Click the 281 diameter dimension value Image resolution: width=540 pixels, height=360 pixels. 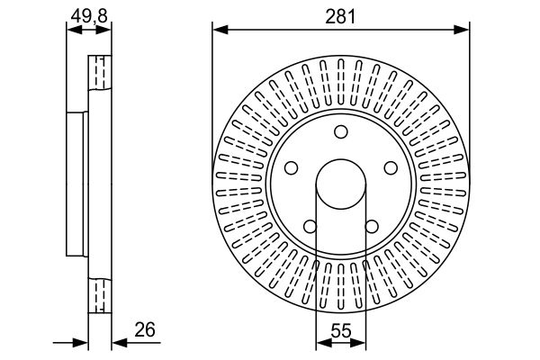tap(340, 16)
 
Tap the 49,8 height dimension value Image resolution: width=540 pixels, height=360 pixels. tap(89, 15)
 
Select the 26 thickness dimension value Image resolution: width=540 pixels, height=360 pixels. tap(145, 329)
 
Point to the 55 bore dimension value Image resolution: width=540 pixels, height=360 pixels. tap(341, 331)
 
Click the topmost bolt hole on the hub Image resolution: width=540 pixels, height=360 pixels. tap(341, 131)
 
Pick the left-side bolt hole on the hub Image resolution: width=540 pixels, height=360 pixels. tap(292, 167)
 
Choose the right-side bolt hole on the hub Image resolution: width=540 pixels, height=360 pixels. tap(391, 167)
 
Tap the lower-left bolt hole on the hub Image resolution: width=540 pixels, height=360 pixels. tap(310, 226)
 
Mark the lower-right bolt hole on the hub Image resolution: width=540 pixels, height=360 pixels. tap(372, 226)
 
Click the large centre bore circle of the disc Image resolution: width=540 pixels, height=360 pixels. tap(341, 159)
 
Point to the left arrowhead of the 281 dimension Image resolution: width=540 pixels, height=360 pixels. tap(220, 30)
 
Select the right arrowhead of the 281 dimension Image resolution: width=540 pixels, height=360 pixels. tap(462, 30)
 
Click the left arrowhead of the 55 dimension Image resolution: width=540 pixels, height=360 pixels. tap(324, 342)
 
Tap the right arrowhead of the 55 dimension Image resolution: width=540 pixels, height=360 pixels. tap(358, 342)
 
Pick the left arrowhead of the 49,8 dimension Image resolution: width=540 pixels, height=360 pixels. tap(75, 30)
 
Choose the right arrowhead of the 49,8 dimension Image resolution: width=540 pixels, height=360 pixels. tap(103, 30)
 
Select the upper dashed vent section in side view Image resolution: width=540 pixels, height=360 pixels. tap(100, 72)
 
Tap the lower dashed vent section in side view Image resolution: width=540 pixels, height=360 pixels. tap(100, 295)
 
